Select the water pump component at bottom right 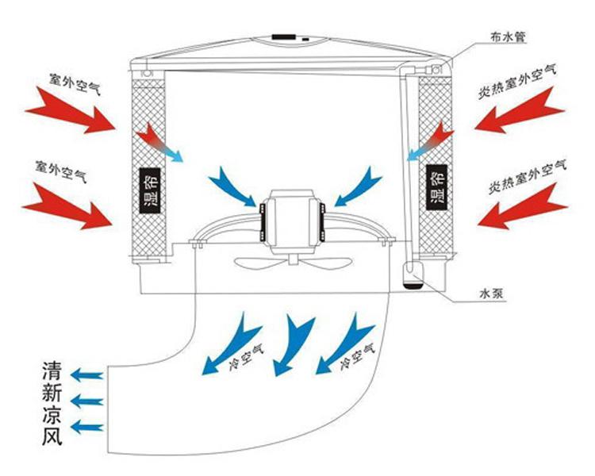point(413,275)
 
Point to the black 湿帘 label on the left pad point(148,190)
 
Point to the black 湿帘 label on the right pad point(436,187)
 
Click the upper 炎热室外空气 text point(522,79)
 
